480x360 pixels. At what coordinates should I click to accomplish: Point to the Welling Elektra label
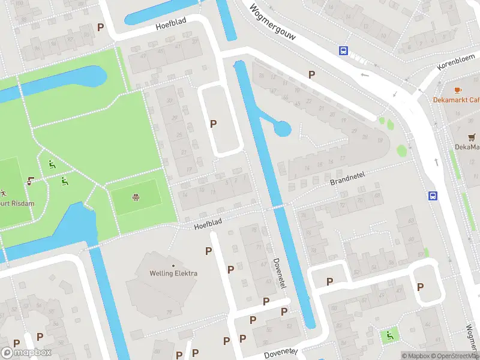point(173,274)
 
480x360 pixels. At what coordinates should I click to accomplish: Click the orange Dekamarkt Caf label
point(456,100)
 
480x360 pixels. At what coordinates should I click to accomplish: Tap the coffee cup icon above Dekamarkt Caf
point(458,90)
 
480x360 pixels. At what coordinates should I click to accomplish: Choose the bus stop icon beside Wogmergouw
point(344,52)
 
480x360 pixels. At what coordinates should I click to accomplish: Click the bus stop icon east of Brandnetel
point(433,196)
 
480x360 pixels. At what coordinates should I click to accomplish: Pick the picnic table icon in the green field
point(136,196)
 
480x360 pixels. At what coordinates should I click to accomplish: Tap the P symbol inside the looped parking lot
point(213,124)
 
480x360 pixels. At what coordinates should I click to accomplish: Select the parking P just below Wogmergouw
point(311,74)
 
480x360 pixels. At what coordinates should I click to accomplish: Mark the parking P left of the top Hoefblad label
point(100,27)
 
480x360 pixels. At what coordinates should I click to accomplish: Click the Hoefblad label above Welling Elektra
point(208,224)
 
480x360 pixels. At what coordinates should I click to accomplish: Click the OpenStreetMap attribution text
point(455,356)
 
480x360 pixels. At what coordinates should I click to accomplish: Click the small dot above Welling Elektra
point(173,265)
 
